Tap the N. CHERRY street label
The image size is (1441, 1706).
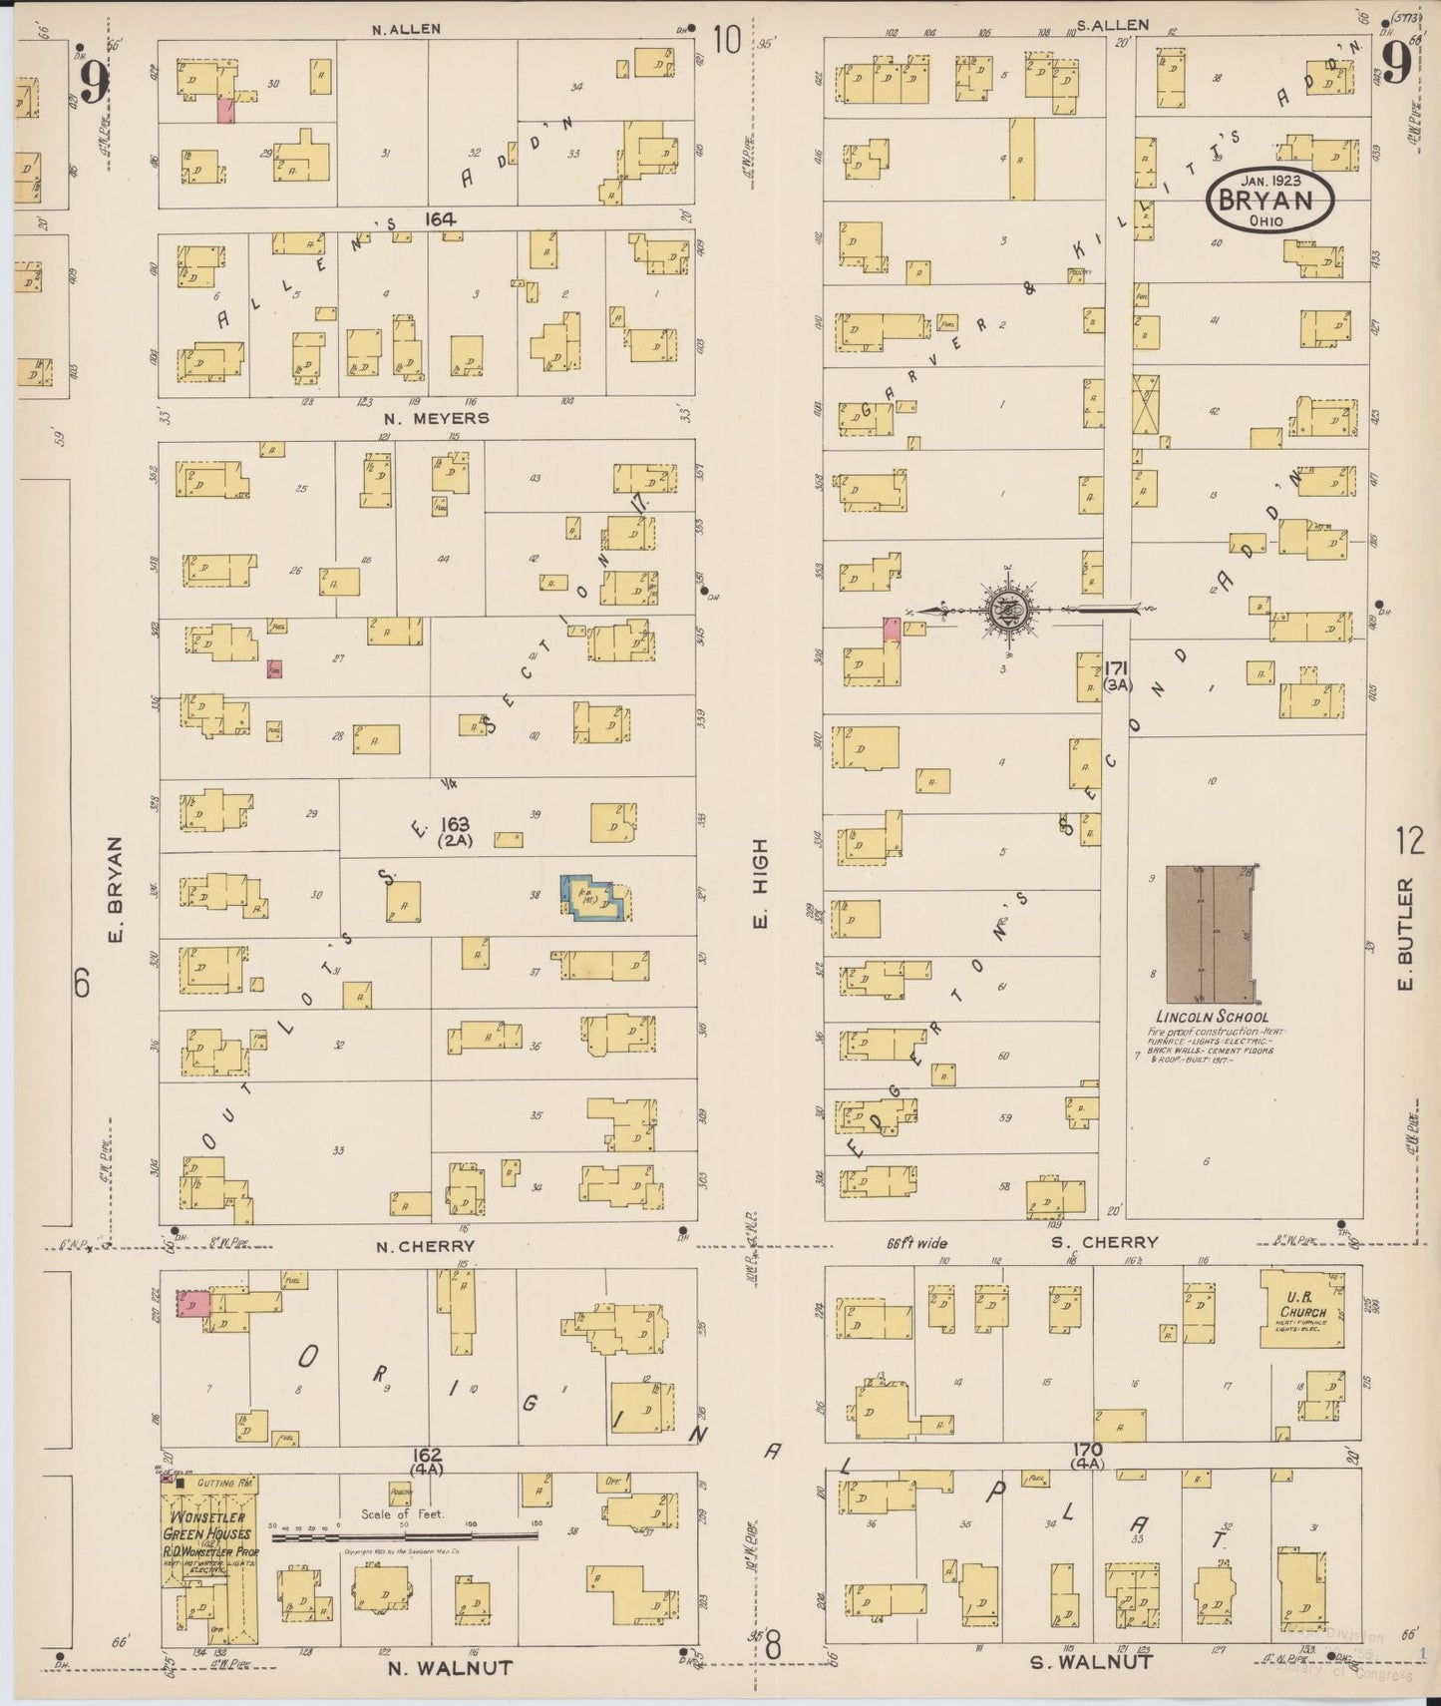[426, 1246]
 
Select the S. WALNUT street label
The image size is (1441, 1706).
[1091, 1661]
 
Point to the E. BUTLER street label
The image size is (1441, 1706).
[1406, 935]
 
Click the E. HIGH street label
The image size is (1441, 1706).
[760, 884]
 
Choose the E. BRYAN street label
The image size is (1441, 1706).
[114, 890]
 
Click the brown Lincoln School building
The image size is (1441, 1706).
[1210, 934]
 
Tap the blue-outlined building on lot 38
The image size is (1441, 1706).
[594, 897]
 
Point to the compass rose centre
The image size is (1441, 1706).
[1010, 610]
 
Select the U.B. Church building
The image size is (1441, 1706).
[1302, 1309]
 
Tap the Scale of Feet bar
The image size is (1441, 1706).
[405, 1537]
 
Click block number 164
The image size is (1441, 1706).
[439, 218]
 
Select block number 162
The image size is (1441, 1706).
[429, 1456]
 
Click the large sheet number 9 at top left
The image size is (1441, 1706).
[94, 82]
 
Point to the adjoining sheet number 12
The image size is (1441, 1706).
[1410, 841]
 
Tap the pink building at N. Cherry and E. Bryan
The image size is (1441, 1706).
[192, 1303]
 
